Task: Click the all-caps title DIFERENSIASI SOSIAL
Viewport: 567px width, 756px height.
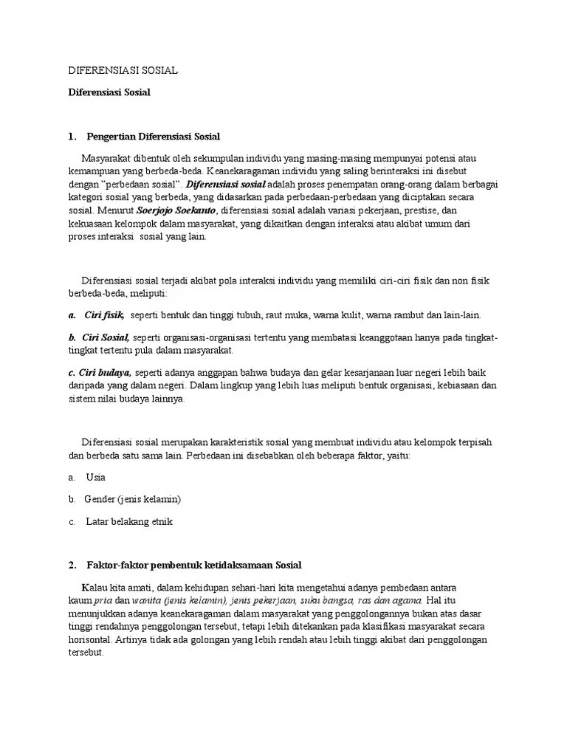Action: (x=123, y=70)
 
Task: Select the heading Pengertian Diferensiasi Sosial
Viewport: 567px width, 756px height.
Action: (x=154, y=137)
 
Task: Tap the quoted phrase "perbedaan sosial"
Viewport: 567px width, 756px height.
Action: (x=145, y=184)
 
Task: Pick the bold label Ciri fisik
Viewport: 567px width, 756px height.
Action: (x=104, y=315)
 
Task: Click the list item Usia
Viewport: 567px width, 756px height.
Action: (x=96, y=478)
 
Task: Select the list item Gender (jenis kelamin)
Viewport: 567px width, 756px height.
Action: (x=133, y=499)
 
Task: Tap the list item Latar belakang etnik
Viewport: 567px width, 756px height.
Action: (x=129, y=521)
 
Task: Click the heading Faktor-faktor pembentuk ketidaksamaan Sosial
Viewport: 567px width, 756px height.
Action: (x=194, y=565)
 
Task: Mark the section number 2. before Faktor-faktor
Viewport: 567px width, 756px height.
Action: (x=72, y=565)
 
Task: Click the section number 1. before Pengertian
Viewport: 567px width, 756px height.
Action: (x=72, y=137)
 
